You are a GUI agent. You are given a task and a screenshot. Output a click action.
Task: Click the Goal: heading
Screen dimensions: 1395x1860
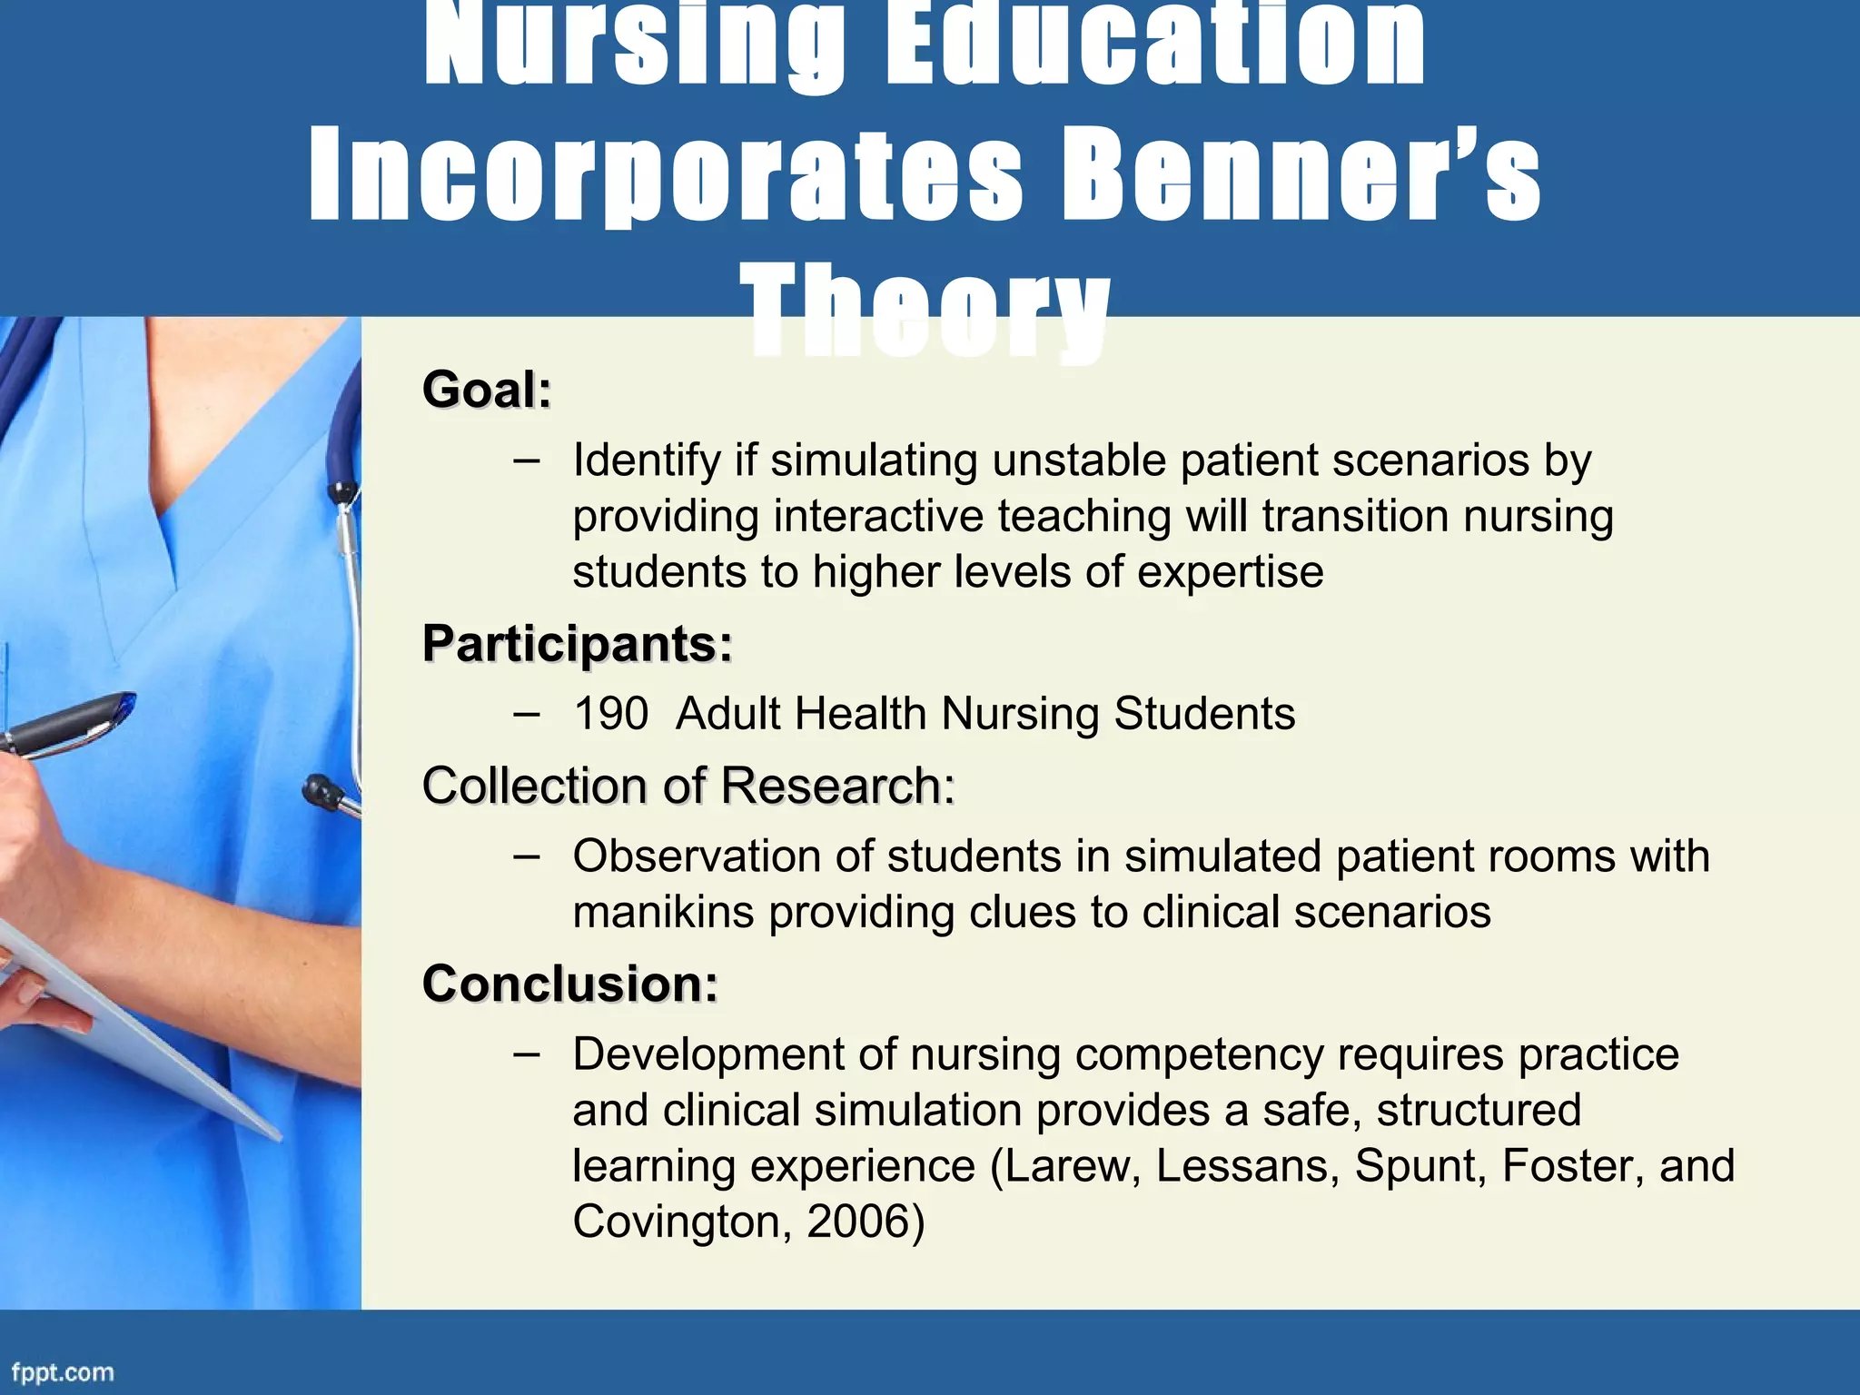click(487, 390)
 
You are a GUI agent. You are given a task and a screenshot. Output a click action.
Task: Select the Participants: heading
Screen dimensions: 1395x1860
click(578, 644)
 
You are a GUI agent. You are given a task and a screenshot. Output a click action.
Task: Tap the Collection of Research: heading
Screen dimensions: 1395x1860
click(688, 786)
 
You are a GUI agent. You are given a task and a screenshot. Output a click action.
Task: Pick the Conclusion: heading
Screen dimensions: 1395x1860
click(570, 984)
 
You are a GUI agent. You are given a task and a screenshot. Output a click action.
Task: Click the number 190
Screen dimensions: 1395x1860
click(610, 714)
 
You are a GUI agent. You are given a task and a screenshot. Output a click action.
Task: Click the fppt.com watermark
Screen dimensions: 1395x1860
click(63, 1372)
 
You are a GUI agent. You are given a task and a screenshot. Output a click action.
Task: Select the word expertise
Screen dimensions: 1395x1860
click(1230, 572)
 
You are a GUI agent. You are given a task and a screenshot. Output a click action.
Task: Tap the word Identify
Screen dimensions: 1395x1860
click(647, 460)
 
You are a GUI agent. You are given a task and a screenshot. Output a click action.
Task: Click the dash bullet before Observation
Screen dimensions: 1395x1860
click(526, 856)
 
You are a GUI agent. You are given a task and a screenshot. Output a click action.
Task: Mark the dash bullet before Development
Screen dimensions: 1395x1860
click(526, 1054)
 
